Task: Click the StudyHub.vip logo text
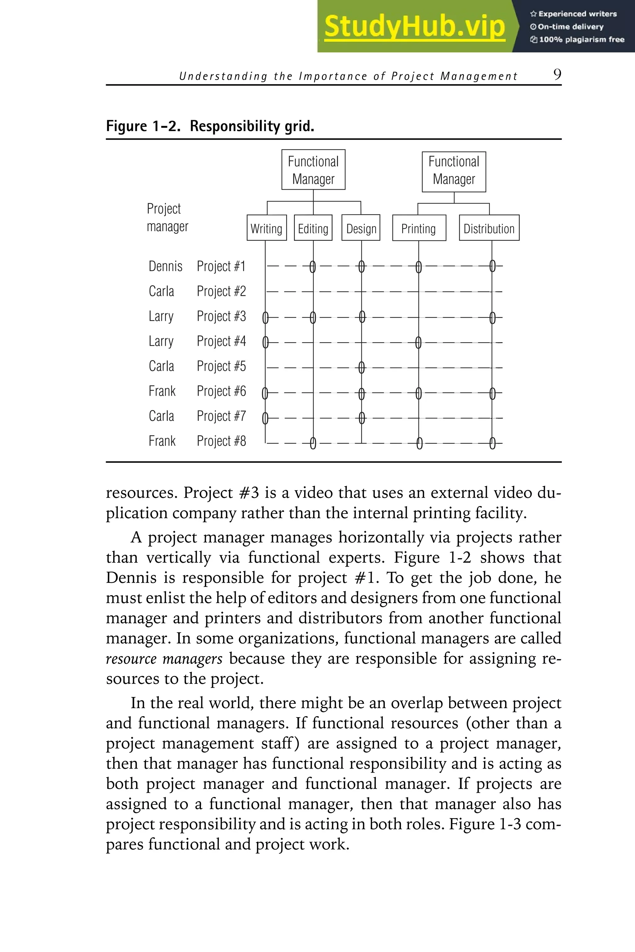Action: point(414,27)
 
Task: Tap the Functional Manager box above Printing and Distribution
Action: point(454,172)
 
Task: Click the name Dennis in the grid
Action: point(165,266)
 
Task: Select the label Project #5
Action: point(221,366)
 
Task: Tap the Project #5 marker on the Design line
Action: point(362,368)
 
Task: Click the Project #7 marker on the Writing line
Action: point(265,418)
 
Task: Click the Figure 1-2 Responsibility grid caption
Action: point(210,126)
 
